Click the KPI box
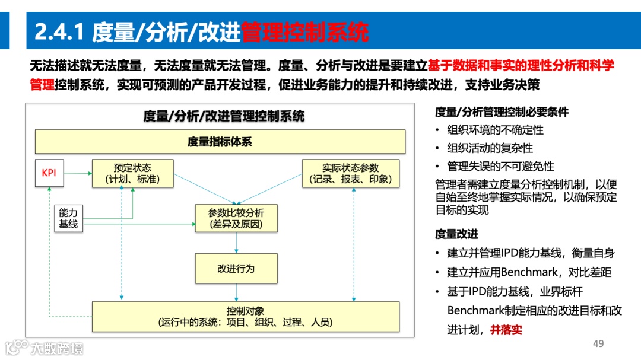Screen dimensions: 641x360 coord(49,173)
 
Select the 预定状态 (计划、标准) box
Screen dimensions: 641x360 coord(132,173)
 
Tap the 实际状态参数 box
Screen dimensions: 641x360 coord(350,173)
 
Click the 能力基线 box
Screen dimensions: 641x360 coord(68,218)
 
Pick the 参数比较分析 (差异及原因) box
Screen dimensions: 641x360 coord(236,218)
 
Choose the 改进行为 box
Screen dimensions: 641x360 coord(236,269)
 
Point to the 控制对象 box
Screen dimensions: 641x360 coord(245,316)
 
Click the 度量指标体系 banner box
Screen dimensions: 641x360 coord(220,142)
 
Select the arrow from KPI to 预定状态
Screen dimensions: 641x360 coord(78,173)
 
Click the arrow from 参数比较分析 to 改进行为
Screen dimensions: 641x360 coord(236,243)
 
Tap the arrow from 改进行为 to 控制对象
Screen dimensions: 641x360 coord(236,292)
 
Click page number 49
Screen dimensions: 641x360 coord(598,344)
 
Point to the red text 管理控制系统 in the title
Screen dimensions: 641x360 coord(304,31)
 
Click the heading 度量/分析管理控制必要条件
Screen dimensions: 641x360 coord(502,112)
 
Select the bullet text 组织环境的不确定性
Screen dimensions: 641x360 coord(495,130)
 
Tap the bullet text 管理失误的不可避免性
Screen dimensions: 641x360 coord(500,166)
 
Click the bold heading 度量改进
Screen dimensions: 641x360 coord(456,234)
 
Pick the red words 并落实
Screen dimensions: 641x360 coord(506,330)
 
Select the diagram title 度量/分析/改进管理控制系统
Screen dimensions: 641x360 coord(224,116)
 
